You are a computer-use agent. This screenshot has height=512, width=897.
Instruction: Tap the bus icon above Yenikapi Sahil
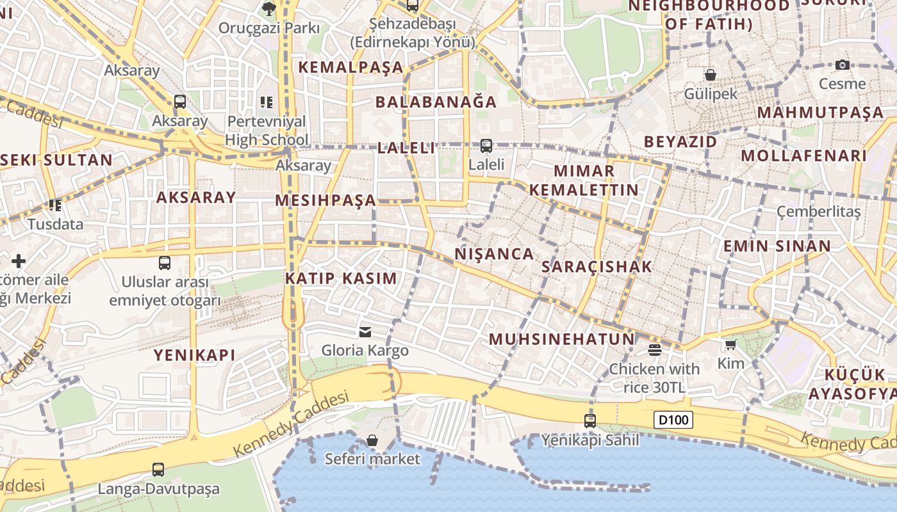pos(589,421)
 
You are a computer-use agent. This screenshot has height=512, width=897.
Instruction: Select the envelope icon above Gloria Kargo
pos(365,332)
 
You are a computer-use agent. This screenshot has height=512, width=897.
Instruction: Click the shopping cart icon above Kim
pos(730,345)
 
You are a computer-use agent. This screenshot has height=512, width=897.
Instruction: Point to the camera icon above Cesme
pos(843,65)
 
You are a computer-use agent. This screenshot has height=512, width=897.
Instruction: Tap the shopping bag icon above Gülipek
pos(710,75)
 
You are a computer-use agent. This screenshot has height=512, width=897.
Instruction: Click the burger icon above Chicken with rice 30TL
pos(654,349)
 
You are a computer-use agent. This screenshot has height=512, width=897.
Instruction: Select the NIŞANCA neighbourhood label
pos(494,254)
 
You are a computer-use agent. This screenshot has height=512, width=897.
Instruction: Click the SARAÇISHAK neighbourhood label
pos(597,267)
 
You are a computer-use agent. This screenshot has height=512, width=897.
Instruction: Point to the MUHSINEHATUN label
pos(561,339)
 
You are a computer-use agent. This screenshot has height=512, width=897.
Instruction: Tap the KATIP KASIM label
pos(341,278)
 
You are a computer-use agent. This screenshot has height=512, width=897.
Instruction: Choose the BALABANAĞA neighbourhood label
pos(436,102)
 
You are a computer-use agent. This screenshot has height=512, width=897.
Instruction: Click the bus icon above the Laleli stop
pos(486,146)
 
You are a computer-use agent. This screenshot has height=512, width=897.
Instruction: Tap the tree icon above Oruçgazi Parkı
pos(268,8)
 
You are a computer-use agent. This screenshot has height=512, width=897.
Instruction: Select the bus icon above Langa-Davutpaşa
pos(158,470)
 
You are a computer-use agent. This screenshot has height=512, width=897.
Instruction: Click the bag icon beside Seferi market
pos(372,440)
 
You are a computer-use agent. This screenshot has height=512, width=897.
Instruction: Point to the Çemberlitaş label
pos(818,211)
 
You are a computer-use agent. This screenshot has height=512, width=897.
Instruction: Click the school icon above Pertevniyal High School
pos(267,102)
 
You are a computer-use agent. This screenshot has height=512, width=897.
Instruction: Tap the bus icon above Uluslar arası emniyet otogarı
pos(165,263)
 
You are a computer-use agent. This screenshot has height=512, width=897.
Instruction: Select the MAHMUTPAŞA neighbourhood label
pos(820,113)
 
